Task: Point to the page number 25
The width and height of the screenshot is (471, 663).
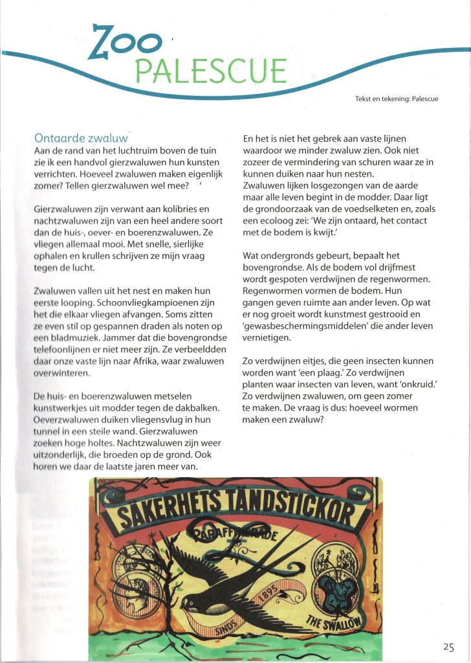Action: [x=449, y=646]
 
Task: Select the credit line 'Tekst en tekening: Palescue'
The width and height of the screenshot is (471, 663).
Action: [x=401, y=99]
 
